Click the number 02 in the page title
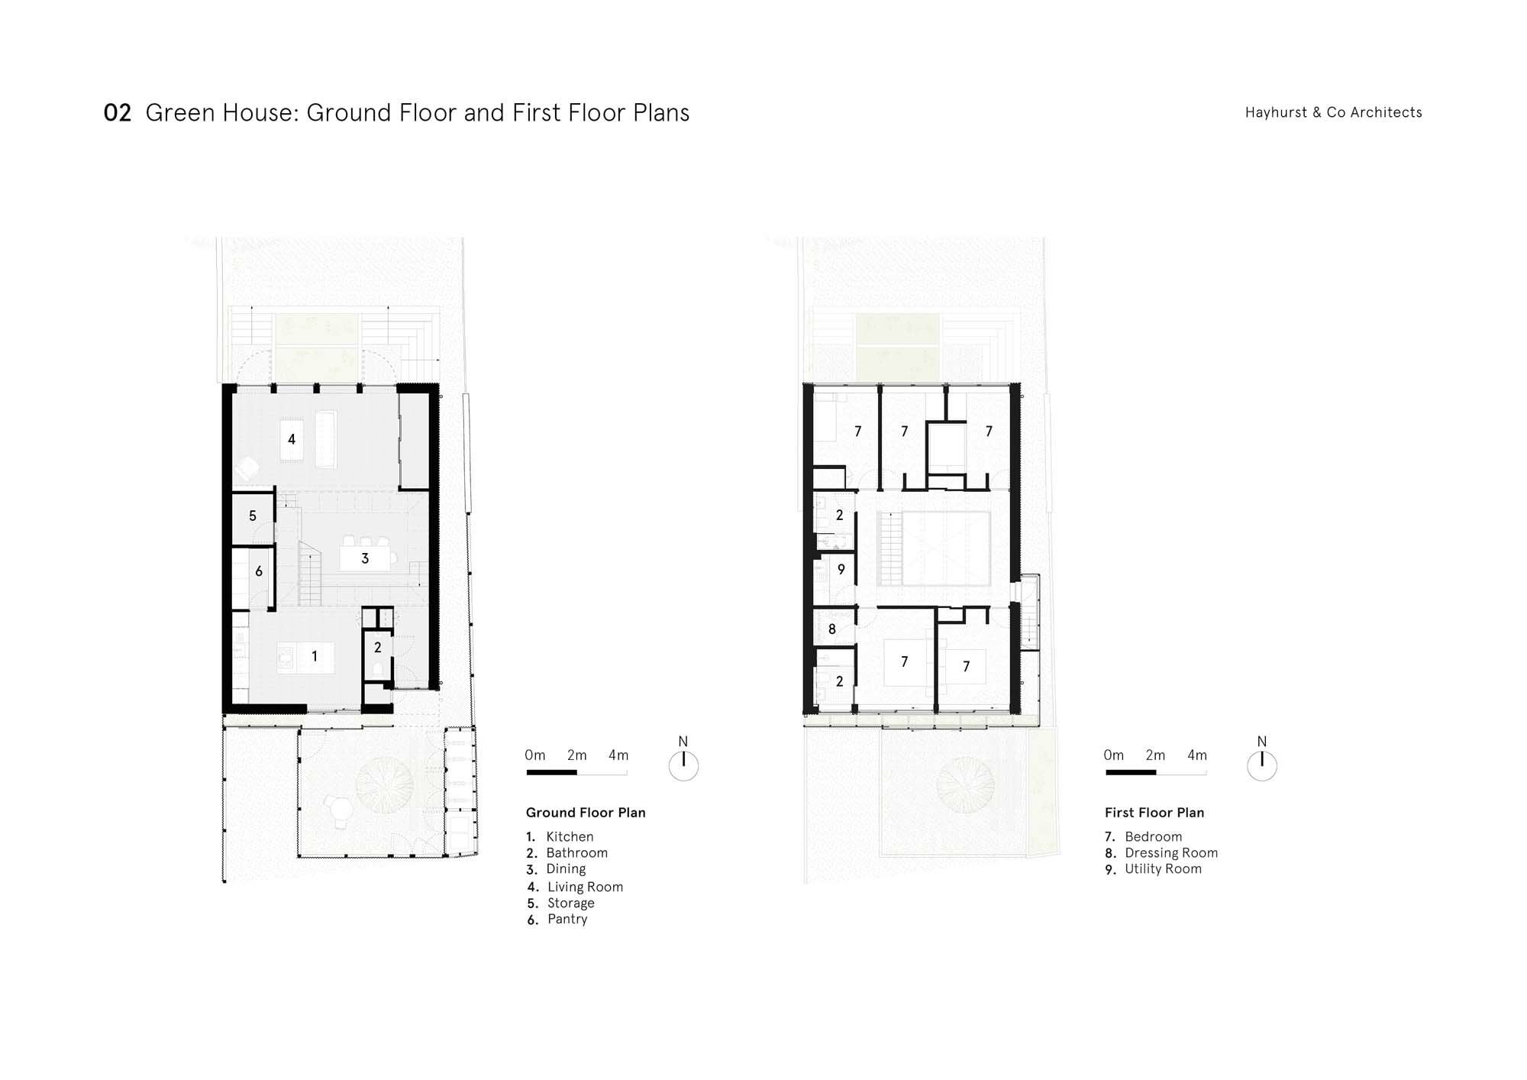[x=118, y=113]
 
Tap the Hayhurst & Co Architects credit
[x=1333, y=112]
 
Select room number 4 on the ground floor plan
[x=292, y=439]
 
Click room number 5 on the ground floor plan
[x=253, y=516]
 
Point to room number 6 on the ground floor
[x=259, y=571]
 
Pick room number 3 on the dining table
[x=365, y=559]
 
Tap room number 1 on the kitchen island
[x=315, y=656]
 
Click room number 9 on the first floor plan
[x=841, y=570]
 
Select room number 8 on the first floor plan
[x=832, y=629]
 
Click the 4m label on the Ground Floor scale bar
[x=618, y=755]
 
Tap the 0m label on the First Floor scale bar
[x=1114, y=755]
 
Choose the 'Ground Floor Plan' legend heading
[x=586, y=813]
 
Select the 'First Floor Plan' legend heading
[x=1154, y=813]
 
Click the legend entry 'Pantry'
[x=567, y=919]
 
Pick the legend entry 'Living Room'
[x=585, y=887]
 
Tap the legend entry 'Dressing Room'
[x=1171, y=853]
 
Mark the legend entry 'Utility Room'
[x=1163, y=869]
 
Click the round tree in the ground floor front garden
[x=385, y=785]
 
